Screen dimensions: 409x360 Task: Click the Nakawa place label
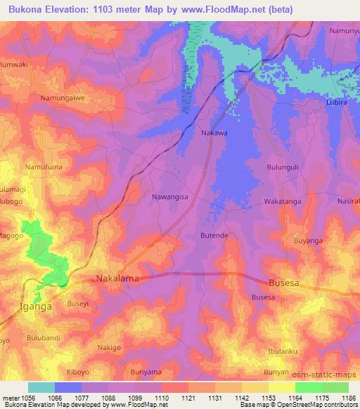(x=214, y=131)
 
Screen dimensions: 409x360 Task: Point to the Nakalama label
(x=117, y=279)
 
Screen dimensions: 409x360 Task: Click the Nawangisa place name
(x=170, y=197)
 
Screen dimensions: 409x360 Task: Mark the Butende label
(x=214, y=235)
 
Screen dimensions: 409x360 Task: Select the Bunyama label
(x=147, y=371)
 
